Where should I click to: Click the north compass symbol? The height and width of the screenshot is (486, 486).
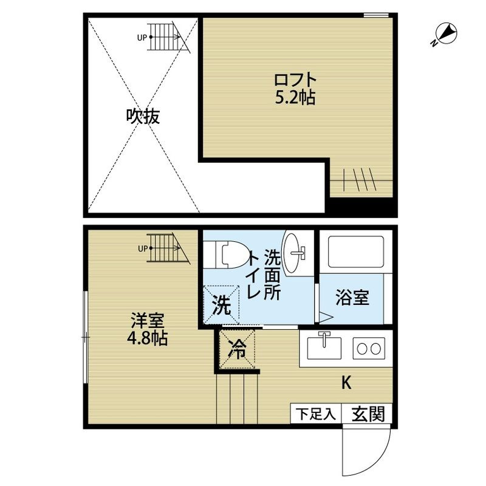445,34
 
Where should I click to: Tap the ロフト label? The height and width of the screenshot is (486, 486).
295,80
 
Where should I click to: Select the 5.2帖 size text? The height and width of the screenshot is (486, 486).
295,97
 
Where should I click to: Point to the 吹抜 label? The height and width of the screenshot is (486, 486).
143,117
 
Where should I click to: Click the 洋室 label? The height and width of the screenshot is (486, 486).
147,321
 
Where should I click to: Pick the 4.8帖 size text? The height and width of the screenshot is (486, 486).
147,338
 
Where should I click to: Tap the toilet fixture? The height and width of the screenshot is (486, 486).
228,255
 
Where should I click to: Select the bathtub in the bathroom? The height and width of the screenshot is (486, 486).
356,252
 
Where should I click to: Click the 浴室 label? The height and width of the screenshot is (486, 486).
352,298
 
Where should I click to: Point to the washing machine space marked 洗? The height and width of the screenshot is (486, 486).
222,305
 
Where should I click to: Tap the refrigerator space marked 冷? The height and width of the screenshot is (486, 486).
237,349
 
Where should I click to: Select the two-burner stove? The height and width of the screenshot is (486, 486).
369,348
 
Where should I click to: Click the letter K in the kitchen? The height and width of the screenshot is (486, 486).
346,383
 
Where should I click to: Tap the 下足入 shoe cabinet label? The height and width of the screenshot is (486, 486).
315,414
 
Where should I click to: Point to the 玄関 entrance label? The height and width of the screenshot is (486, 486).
368,414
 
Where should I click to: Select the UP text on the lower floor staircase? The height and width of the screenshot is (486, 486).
143,248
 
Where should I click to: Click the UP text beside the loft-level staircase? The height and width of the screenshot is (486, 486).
142,38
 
